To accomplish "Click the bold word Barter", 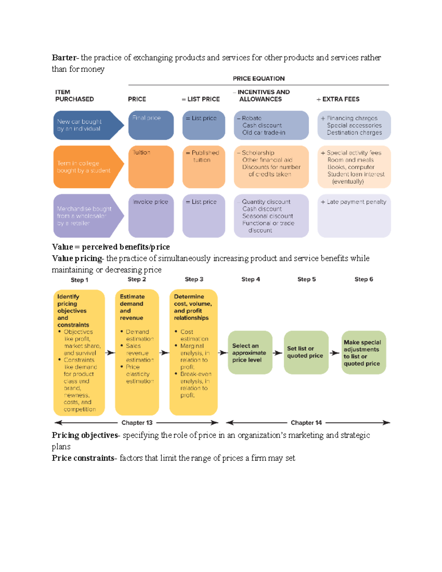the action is click(64, 57).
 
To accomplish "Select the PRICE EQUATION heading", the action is click(259, 78).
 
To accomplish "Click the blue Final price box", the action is click(151, 125).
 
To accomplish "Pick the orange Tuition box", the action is click(151, 167).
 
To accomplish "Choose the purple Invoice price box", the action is click(151, 215).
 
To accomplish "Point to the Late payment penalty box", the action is click(354, 215).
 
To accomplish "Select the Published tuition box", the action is click(204, 167).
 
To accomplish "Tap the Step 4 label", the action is click(250, 279).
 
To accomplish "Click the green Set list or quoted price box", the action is click(306, 352).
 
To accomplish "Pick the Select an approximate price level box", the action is click(250, 352).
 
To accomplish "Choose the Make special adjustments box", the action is click(364, 352).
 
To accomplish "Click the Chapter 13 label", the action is click(137, 423).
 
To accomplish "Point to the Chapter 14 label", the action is click(306, 423).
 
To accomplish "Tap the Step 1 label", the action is click(80, 280).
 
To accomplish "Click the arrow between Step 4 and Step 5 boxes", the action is click(278, 353).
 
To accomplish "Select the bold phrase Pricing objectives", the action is click(85, 435).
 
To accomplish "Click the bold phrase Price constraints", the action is click(83, 458).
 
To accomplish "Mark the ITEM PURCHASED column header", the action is click(74, 96).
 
